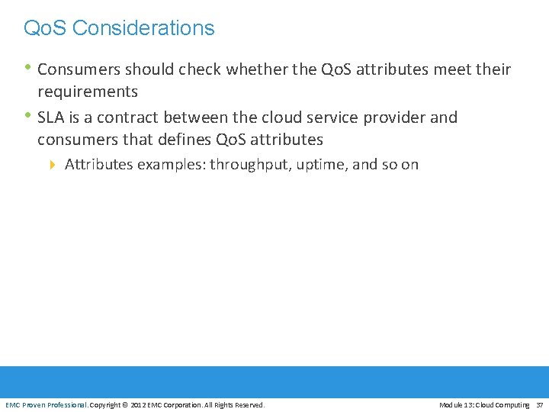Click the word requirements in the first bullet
point(88,92)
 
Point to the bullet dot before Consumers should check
point(28,68)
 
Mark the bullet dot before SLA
point(28,116)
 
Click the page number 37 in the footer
point(539,404)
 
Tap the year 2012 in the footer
point(139,404)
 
